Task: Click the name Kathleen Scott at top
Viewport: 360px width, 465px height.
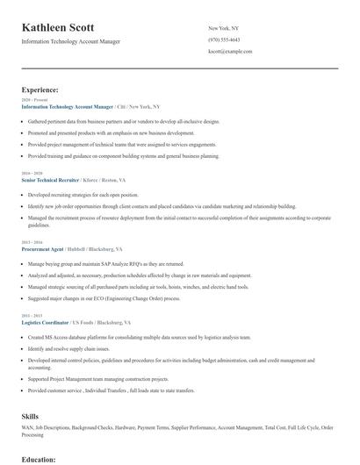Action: point(58,28)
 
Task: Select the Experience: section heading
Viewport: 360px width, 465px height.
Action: point(40,89)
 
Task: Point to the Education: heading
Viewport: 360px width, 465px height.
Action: point(39,459)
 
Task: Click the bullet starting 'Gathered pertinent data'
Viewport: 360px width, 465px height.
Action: point(123,122)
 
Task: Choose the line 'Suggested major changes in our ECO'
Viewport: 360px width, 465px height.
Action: point(103,297)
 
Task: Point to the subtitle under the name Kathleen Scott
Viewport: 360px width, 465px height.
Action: point(71,41)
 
